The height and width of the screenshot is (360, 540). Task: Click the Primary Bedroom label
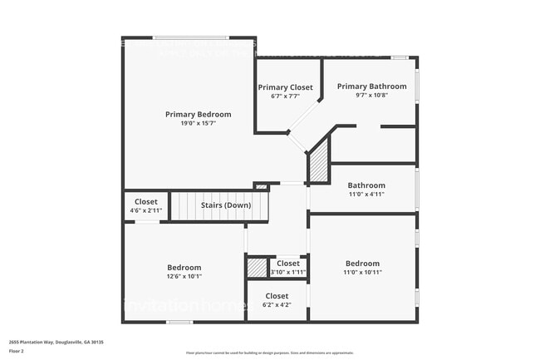(198, 114)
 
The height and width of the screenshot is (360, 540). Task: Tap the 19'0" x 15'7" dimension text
(198, 123)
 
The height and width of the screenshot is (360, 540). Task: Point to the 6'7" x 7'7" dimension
(285, 96)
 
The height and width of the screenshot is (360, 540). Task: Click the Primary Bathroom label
(371, 86)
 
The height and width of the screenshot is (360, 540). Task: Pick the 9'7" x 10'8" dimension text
(371, 95)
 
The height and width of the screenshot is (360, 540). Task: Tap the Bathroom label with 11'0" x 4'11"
(366, 185)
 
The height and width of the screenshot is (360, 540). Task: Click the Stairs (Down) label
(226, 205)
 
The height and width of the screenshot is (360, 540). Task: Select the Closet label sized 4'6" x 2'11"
(146, 201)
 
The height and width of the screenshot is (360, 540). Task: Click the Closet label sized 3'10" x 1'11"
(288, 264)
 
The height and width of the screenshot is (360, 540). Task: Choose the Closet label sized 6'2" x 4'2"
(277, 296)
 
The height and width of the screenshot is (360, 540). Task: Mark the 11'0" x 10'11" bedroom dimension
(362, 272)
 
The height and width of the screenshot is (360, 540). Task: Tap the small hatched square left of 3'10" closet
(256, 268)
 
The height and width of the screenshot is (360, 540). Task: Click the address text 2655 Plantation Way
(56, 342)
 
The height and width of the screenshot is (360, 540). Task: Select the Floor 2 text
(17, 351)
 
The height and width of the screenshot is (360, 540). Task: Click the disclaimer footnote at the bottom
(271, 353)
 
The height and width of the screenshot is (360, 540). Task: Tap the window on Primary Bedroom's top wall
(192, 37)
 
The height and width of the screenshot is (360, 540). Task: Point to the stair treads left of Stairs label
(184, 205)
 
